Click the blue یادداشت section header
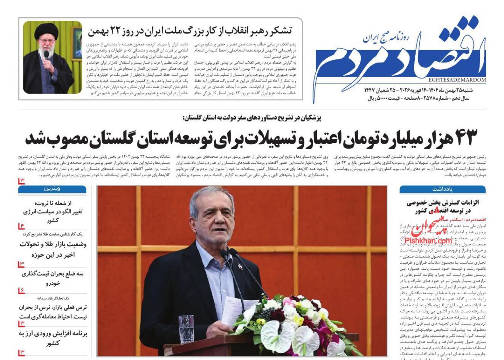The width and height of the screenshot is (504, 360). point(442,189)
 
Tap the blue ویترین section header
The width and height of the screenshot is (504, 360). point(52,189)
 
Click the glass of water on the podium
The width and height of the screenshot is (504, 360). point(186,329)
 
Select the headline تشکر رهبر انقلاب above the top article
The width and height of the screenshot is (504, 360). point(190,30)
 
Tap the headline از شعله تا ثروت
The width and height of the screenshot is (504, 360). point(52,203)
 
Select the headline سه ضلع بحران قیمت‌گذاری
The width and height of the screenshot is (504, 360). point(53,274)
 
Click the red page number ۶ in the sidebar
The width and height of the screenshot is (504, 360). point(21,291)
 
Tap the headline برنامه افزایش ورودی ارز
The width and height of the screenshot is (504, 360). point(53,334)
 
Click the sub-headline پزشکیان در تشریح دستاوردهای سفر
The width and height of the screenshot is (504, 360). point(252,118)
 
